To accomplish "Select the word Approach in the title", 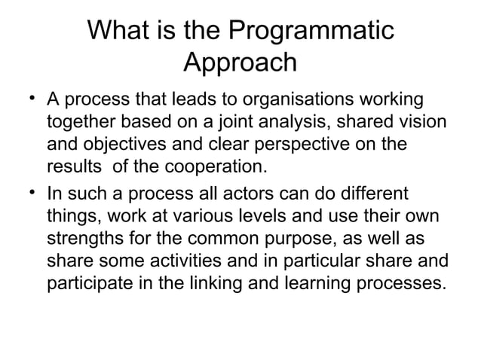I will pos(240,63).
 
